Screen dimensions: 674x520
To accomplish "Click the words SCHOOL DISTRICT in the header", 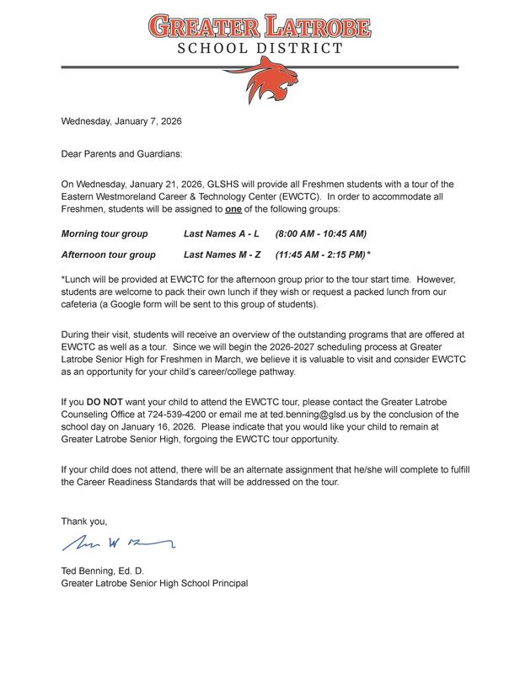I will (260, 48).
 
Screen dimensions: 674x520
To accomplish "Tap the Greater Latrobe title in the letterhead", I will (260, 25).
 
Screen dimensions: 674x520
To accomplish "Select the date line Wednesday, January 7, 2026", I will (121, 120).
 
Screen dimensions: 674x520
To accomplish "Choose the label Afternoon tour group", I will (109, 254).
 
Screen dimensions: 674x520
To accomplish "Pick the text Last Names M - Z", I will (222, 254).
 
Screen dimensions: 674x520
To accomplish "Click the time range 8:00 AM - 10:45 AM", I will (321, 233).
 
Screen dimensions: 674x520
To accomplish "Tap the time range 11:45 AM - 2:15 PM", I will (321, 254).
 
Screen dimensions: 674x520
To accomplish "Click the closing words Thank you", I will (84, 521).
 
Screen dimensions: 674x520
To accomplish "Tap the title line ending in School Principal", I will (155, 583).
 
